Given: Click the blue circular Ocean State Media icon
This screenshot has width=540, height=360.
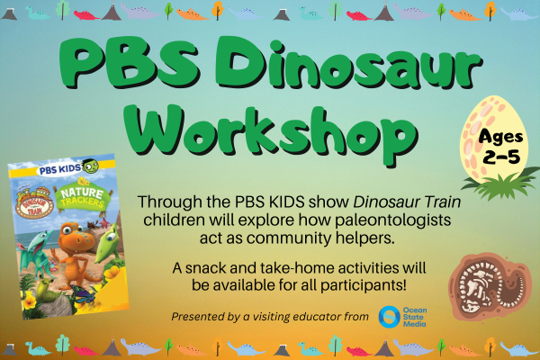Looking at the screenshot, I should [x=390, y=316].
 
